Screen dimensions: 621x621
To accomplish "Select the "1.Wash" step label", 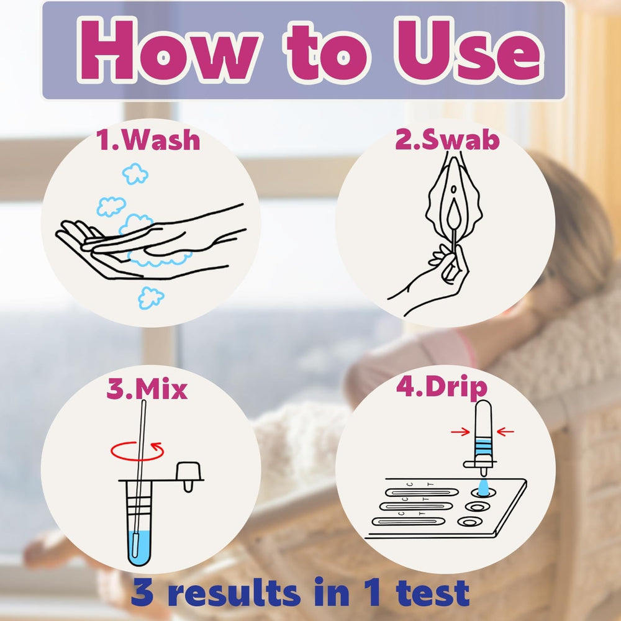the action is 148,140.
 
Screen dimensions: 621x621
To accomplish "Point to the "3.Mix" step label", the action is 147,389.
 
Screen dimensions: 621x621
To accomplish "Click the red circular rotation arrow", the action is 137,451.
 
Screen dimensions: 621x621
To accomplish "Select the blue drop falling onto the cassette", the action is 483,487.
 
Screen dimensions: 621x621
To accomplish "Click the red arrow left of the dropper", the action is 460,432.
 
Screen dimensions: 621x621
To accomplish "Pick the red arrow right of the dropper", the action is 505,432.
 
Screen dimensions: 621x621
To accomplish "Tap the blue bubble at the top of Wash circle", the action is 135,173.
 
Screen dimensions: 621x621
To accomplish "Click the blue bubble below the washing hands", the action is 150,298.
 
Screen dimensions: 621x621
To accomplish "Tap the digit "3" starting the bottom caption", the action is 142,592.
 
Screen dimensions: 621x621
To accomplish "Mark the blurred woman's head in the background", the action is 570,222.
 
